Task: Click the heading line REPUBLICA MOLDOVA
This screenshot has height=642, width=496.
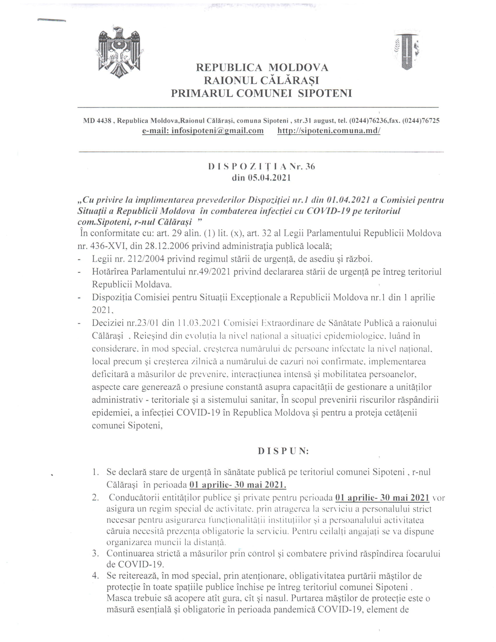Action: (262, 68)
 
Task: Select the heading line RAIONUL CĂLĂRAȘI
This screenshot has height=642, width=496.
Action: (261, 80)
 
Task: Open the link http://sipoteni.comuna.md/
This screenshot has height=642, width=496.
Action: (329, 130)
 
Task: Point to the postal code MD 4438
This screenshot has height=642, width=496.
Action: (97, 121)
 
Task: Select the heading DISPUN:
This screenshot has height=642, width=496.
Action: (283, 451)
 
